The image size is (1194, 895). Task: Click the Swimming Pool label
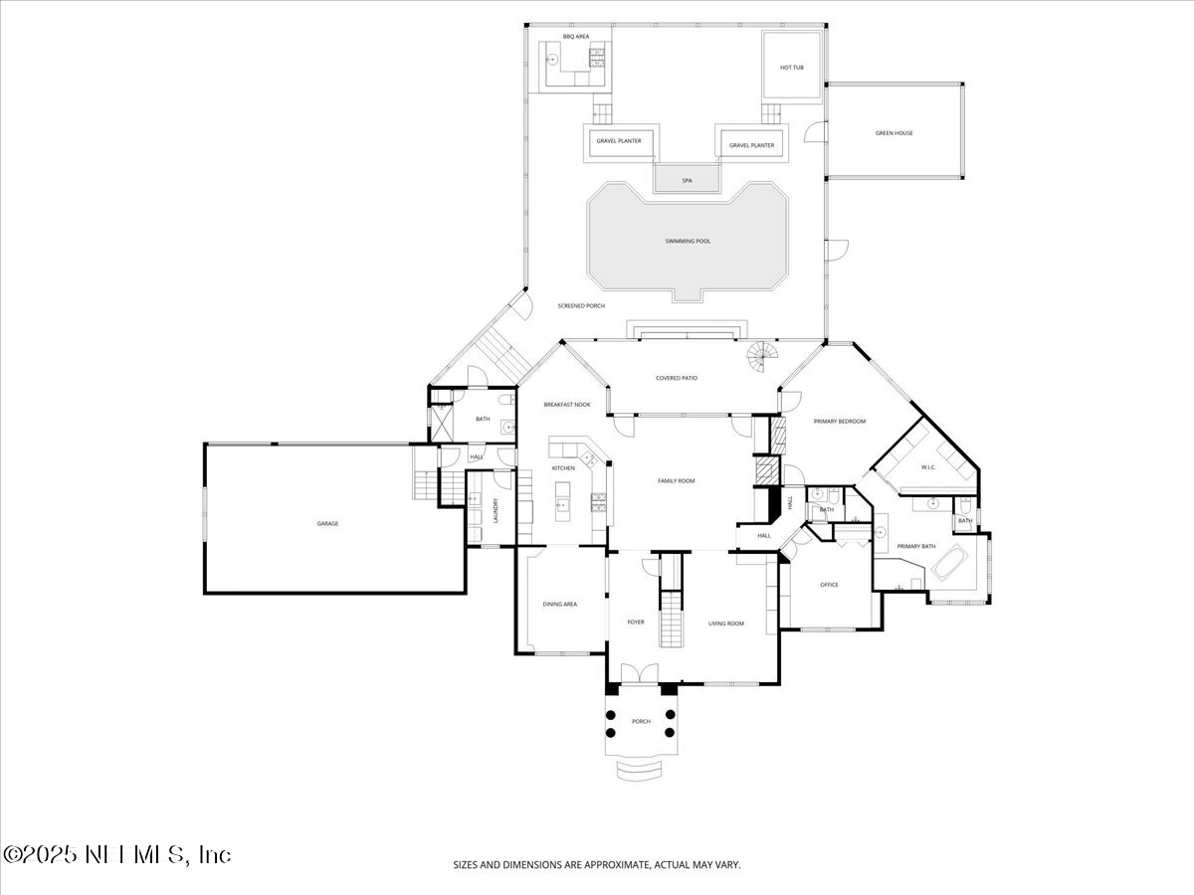(x=688, y=242)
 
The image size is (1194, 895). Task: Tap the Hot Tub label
(x=791, y=68)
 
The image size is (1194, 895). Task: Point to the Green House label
(x=894, y=133)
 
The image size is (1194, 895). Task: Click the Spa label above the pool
(x=687, y=181)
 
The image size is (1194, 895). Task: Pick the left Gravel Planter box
(x=618, y=142)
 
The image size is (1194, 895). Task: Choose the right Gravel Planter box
(x=751, y=145)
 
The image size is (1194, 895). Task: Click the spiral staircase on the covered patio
(x=765, y=357)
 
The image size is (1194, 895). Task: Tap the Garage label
(x=327, y=523)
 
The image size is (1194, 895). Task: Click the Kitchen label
(x=563, y=468)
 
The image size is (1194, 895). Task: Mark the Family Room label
(x=676, y=481)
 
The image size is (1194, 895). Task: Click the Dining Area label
(x=559, y=604)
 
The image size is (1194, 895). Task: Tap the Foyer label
(x=635, y=623)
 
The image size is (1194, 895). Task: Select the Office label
(x=829, y=585)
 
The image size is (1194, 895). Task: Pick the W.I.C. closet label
(x=928, y=466)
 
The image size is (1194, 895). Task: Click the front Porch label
(x=641, y=721)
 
